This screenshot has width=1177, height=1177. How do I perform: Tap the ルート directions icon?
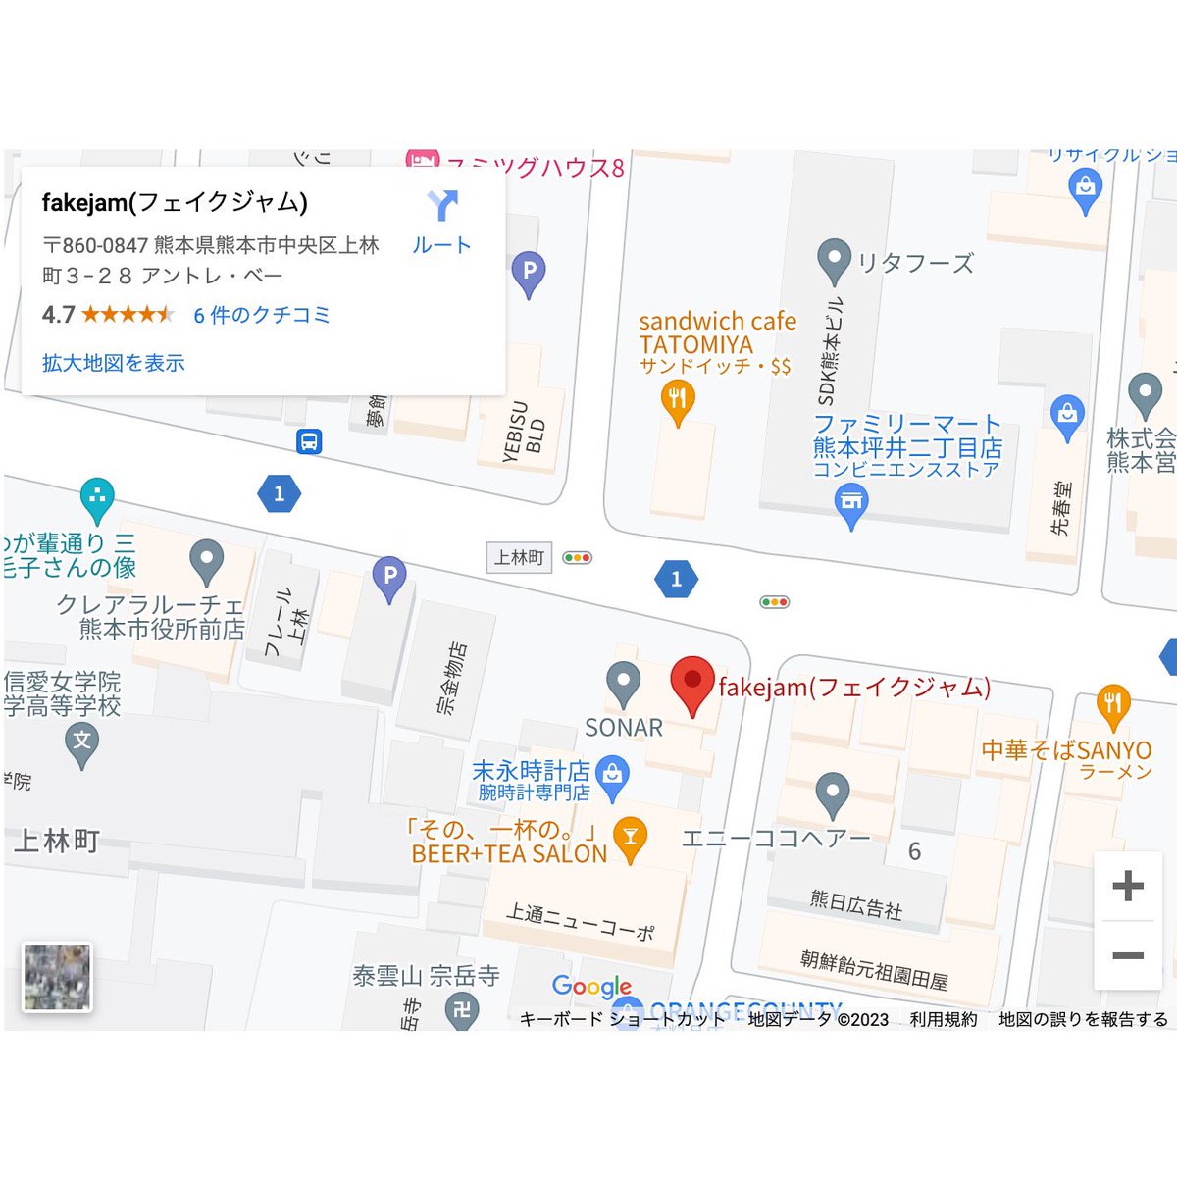click(x=442, y=206)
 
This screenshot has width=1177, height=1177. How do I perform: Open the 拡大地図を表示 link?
click(x=113, y=363)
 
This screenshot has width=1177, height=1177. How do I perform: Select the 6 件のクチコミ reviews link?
click(x=261, y=315)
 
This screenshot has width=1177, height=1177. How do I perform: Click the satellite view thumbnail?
click(x=57, y=977)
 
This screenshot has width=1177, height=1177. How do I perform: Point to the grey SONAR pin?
click(x=623, y=682)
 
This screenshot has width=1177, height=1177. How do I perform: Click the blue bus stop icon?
click(x=309, y=441)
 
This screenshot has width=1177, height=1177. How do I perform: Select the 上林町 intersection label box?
click(x=519, y=557)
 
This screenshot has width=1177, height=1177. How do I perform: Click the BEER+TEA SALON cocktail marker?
click(x=630, y=838)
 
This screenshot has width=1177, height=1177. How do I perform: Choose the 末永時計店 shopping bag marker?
click(x=612, y=774)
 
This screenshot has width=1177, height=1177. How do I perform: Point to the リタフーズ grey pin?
click(x=834, y=260)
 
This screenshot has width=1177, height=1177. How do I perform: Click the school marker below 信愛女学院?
click(x=81, y=742)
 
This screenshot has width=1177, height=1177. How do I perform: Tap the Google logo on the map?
click(x=591, y=986)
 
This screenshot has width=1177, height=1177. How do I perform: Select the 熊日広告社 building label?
click(x=855, y=905)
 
